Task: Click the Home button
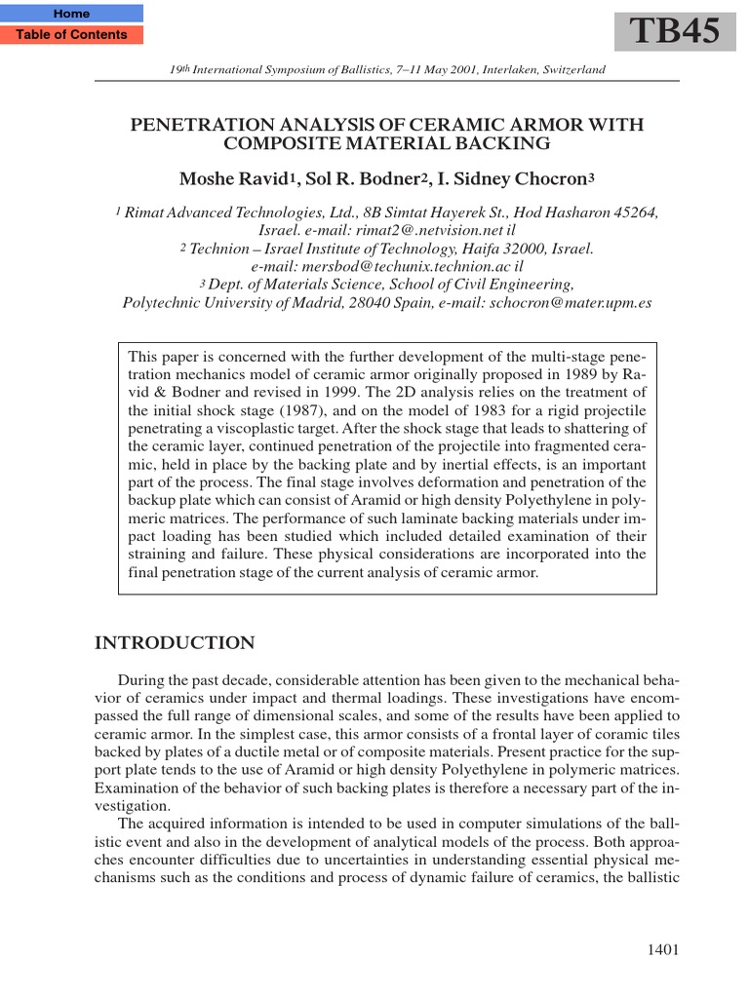click(71, 14)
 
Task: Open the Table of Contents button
click(71, 35)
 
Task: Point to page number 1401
click(661, 950)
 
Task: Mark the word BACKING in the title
click(497, 144)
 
